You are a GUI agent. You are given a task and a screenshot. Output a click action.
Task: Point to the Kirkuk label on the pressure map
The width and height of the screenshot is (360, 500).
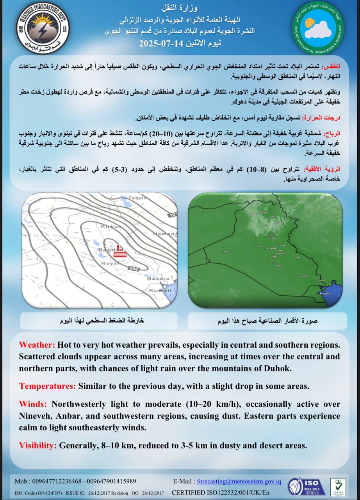coord(111,227)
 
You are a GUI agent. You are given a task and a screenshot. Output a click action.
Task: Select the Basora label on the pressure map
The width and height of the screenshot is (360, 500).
coord(158,279)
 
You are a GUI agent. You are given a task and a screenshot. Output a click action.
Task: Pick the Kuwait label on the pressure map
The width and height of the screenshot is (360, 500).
coord(160,290)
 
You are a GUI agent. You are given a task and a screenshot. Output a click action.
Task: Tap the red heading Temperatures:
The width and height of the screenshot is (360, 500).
coord(47,386)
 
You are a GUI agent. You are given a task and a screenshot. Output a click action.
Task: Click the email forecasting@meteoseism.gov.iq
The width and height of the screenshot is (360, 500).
coord(239,481)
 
